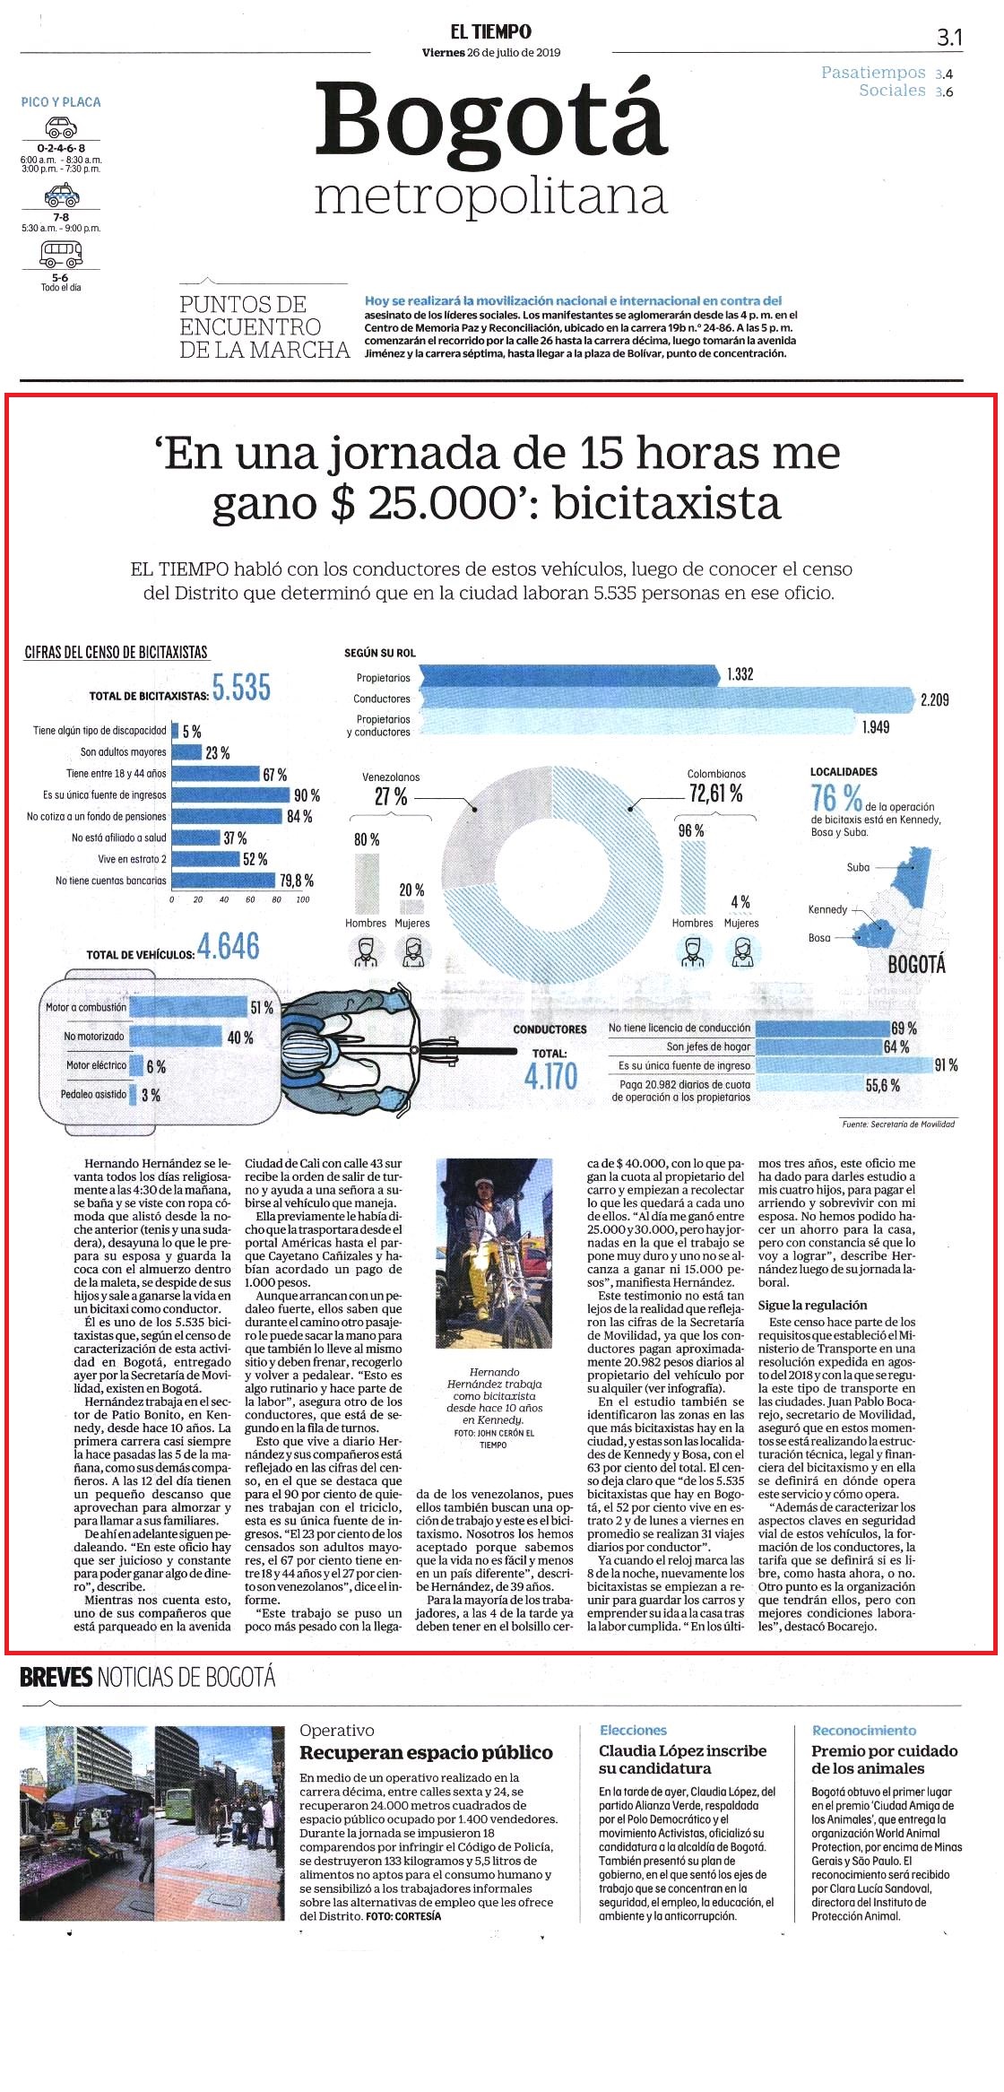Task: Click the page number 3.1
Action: pyautogui.click(x=948, y=37)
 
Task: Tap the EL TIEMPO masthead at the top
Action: pyautogui.click(x=490, y=31)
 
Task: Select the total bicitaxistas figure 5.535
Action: pyautogui.click(x=241, y=688)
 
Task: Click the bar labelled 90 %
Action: pyautogui.click(x=231, y=795)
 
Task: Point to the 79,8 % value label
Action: pyautogui.click(x=297, y=881)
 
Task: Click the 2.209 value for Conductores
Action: pyautogui.click(x=934, y=699)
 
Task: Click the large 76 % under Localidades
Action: pyautogui.click(x=836, y=796)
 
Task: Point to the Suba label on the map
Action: pyautogui.click(x=858, y=867)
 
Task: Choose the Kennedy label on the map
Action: pyautogui.click(x=827, y=909)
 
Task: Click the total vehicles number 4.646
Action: pyautogui.click(x=228, y=946)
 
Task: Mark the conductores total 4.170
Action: pyautogui.click(x=551, y=1076)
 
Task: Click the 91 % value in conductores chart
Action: pyautogui.click(x=946, y=1065)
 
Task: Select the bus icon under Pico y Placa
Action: pyautogui.click(x=61, y=255)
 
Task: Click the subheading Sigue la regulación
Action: pyautogui.click(x=812, y=1306)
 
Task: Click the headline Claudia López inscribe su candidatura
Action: pyautogui.click(x=682, y=1759)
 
